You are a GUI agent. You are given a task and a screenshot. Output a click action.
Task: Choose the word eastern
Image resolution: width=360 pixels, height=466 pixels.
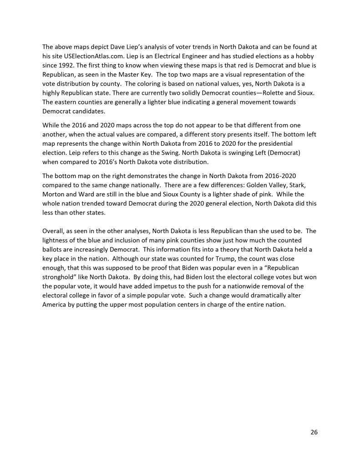coord(67,102)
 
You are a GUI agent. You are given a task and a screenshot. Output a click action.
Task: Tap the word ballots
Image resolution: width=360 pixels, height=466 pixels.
coord(52,249)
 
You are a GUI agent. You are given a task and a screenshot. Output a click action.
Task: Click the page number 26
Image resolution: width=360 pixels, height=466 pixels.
coord(314,432)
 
